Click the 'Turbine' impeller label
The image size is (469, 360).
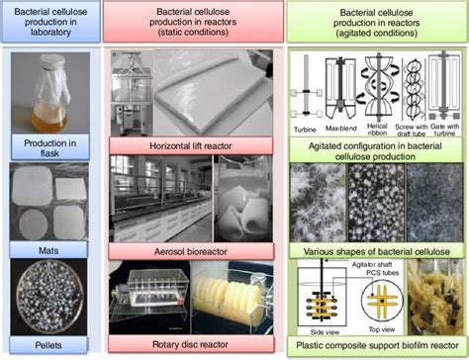click(x=309, y=128)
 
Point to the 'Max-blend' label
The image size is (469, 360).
click(x=341, y=128)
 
